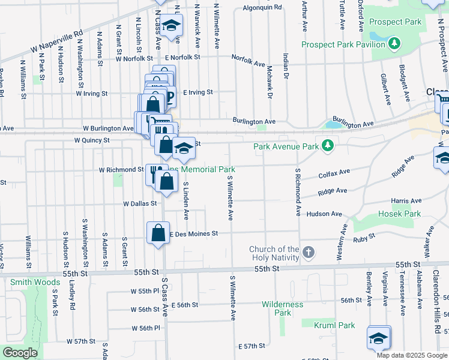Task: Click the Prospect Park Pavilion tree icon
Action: (394, 43)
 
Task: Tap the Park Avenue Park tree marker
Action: (327, 146)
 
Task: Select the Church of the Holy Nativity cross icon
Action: (308, 251)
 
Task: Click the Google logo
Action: (20, 353)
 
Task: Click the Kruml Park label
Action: (334, 325)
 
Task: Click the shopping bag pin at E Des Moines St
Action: (157, 233)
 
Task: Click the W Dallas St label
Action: (139, 203)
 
